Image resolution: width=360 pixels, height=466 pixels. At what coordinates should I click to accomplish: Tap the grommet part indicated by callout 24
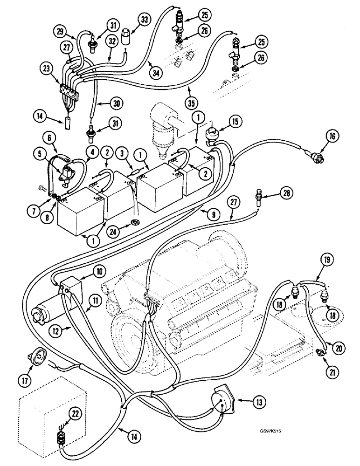tap(136, 221)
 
